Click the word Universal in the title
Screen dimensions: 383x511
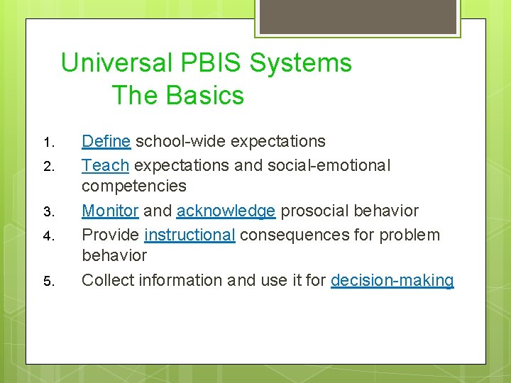tap(116, 63)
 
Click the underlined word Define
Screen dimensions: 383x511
tap(106, 141)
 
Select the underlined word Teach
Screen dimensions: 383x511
tap(105, 165)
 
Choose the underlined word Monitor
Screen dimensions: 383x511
tap(110, 211)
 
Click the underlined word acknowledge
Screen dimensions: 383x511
tap(226, 211)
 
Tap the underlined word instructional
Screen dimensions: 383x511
tap(189, 235)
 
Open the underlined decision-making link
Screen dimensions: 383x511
tap(392, 280)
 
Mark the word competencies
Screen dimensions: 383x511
tap(134, 187)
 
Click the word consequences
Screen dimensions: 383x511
tap(289, 235)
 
